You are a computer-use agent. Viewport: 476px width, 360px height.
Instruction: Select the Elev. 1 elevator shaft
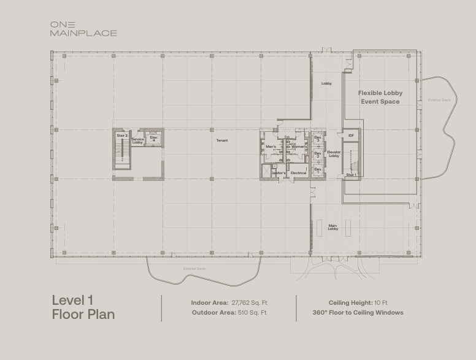(x=318, y=169)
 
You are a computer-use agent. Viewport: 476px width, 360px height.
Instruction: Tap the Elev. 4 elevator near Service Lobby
(x=154, y=140)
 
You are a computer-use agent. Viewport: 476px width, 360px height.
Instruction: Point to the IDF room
(x=351, y=135)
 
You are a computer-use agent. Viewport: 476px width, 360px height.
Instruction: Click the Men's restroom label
(x=271, y=147)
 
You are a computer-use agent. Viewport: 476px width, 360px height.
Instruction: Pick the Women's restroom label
(x=299, y=147)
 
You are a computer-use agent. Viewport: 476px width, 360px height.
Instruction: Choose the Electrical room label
(x=298, y=173)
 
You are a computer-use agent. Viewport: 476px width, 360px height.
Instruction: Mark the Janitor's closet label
(x=279, y=173)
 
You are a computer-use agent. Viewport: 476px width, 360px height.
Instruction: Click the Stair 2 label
(x=121, y=135)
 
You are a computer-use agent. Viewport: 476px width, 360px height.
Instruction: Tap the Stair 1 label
(x=351, y=175)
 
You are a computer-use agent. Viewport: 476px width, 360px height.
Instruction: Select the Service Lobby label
(x=137, y=140)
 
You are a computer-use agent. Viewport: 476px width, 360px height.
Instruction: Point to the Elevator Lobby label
(x=334, y=153)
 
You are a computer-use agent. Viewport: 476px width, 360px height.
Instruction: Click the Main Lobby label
(x=332, y=227)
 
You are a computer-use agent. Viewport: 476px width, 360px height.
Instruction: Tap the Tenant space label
(x=222, y=140)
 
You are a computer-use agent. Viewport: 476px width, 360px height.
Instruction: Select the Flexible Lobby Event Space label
(x=380, y=97)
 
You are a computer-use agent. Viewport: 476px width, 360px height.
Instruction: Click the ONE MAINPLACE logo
(x=83, y=28)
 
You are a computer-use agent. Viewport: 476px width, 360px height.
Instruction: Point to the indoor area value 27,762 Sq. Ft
(x=249, y=302)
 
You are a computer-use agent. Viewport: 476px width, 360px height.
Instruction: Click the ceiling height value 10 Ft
(x=381, y=302)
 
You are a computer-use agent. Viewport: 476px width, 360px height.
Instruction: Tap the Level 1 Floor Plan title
(x=83, y=307)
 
